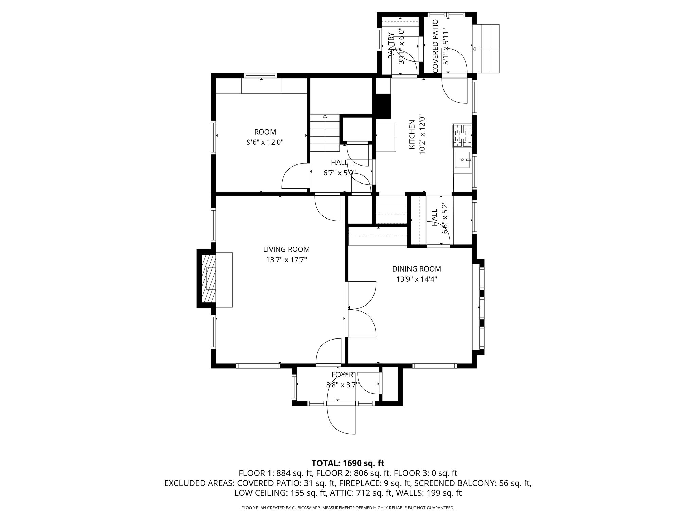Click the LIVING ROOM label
pos(286,250)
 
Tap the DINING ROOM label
pos(416,269)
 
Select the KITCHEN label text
pos(412,134)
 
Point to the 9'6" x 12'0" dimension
pos(265,142)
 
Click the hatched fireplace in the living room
pos(209,279)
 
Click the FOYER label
pos(343,375)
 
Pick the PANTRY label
pos(391,46)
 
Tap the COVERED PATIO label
pos(435,46)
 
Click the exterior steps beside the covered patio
pos(486,49)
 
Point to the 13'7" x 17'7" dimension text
pos(286,260)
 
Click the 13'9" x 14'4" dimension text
pos(416,279)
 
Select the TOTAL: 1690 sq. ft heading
pos(348,463)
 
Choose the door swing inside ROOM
pos(295,176)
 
